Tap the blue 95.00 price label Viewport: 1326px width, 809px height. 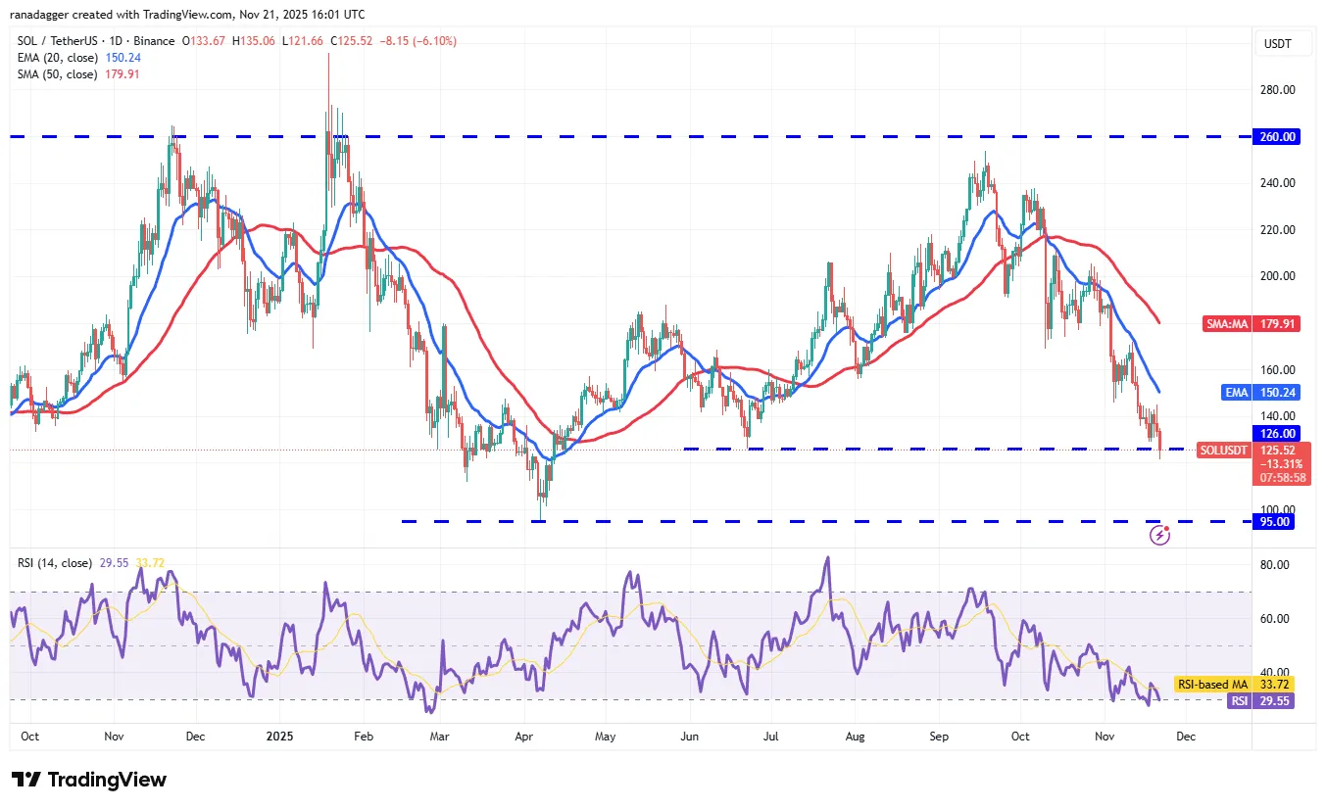coord(1277,522)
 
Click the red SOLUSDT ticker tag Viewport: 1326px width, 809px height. coord(1223,451)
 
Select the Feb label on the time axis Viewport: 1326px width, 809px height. coord(364,736)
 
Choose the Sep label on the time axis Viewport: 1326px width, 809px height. coord(939,736)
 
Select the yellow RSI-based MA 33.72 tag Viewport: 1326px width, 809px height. coord(1238,685)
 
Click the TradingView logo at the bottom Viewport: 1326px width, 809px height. coord(90,780)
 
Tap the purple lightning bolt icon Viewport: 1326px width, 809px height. coord(1160,535)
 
